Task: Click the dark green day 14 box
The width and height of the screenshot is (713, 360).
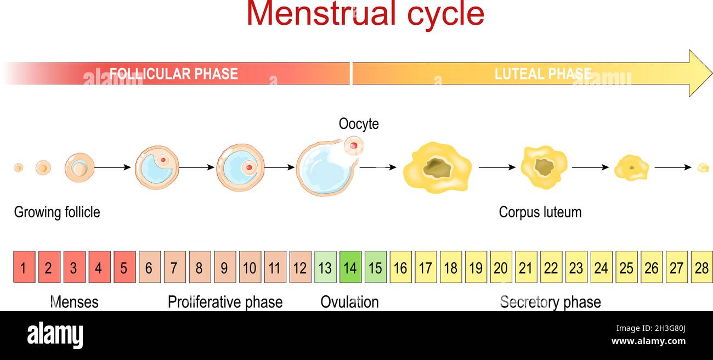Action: coord(350,267)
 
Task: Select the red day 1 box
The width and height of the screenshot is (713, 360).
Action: coord(24,267)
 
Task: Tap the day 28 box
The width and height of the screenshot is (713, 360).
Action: coord(701,267)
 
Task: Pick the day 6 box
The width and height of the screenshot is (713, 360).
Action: coord(149,267)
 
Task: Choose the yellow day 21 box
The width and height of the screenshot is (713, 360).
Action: coord(526,267)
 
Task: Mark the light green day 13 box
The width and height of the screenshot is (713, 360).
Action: coord(325,267)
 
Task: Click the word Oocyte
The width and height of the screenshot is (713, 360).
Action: coord(359,124)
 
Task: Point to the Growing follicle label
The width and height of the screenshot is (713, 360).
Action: coord(57,212)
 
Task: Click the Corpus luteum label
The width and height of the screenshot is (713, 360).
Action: coord(540,212)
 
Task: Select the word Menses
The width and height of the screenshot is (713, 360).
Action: coord(74,302)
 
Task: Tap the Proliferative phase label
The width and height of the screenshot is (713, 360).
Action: coord(225,302)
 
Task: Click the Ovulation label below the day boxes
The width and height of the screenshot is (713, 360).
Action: coord(349,302)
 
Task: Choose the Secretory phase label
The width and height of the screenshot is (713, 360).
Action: coord(550,302)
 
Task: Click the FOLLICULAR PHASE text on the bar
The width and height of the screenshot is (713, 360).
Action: coord(173,74)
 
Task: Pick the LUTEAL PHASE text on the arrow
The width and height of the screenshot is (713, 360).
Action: coord(543,74)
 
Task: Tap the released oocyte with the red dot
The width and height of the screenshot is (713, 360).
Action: coord(354,145)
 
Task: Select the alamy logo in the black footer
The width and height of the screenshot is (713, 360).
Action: coord(55,335)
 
